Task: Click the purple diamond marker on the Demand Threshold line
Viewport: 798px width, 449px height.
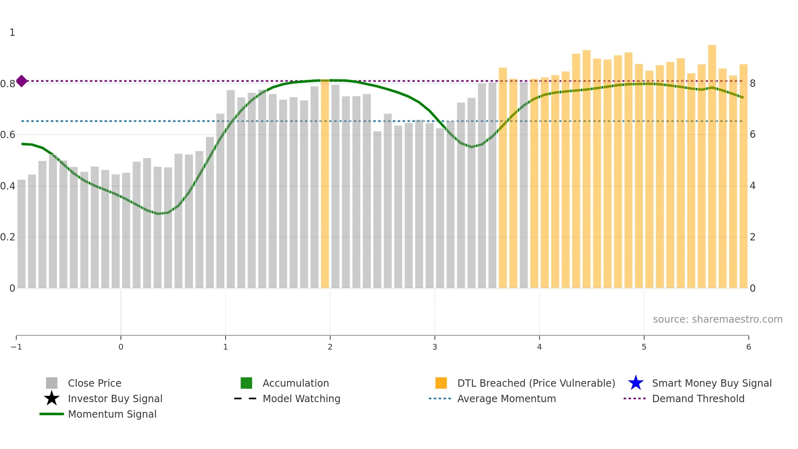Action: [22, 81]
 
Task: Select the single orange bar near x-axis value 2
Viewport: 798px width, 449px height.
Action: [325, 183]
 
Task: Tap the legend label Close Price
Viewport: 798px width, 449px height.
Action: [94, 383]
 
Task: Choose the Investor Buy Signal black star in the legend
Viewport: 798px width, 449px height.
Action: [52, 398]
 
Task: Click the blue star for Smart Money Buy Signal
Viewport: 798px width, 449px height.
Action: [636, 383]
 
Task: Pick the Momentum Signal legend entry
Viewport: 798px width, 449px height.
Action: [112, 414]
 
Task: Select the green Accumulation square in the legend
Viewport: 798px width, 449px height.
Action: [246, 383]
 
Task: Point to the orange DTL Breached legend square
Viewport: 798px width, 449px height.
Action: [441, 383]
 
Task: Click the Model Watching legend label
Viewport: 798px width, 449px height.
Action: [301, 398]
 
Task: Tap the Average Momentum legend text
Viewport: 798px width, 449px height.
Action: [506, 398]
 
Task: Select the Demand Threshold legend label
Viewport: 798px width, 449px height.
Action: [698, 398]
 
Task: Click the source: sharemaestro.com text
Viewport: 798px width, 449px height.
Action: [717, 319]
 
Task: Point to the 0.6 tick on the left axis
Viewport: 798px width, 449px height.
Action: [8, 134]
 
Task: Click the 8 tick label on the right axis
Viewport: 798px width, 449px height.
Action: [753, 84]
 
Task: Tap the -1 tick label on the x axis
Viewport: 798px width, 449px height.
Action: [16, 347]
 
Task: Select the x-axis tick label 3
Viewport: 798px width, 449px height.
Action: [435, 347]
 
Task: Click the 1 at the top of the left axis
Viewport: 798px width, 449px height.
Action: [12, 33]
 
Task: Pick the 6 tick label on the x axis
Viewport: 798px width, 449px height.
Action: [748, 347]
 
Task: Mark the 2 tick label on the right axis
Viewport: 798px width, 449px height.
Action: [753, 237]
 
